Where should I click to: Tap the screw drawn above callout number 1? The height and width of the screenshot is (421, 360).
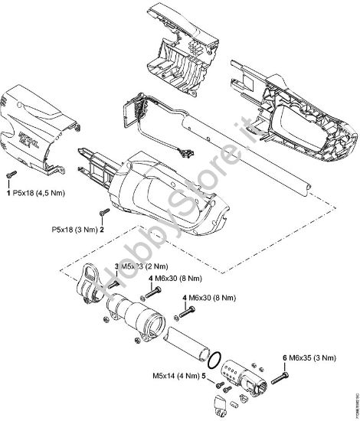(x=9, y=176)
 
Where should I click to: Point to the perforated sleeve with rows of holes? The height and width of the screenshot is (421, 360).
(x=238, y=372)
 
